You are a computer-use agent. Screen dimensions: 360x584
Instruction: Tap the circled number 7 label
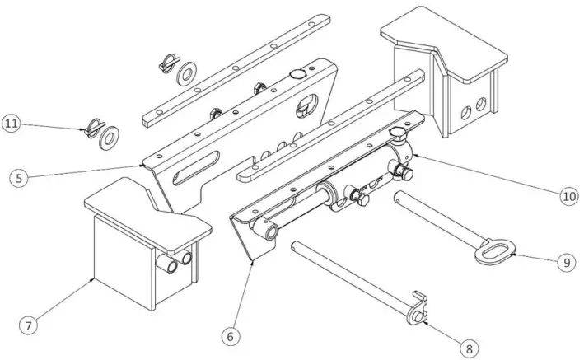[27, 325]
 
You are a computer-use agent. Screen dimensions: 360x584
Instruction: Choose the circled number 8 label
[468, 348]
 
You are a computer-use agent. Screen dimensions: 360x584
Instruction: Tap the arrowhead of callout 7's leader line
[93, 279]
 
